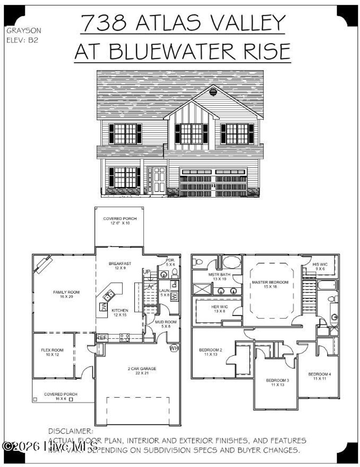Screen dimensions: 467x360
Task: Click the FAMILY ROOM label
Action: pos(66,294)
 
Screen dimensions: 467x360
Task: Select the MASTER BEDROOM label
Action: pos(270,284)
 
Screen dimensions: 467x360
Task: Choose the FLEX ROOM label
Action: pos(52,352)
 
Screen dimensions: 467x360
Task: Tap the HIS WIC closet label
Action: pos(320,266)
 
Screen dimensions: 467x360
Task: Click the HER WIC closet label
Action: pos(218,309)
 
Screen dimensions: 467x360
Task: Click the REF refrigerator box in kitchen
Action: pos(101,337)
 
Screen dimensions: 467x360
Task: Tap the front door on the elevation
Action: pos(157,179)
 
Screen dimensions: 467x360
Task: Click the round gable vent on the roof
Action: pos(213,92)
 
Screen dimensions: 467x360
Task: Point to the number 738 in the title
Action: pos(104,23)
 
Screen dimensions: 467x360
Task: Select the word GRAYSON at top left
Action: pos(24,31)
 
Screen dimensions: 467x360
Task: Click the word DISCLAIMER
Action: pos(71,431)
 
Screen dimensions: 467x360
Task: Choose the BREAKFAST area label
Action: pos(120,265)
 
